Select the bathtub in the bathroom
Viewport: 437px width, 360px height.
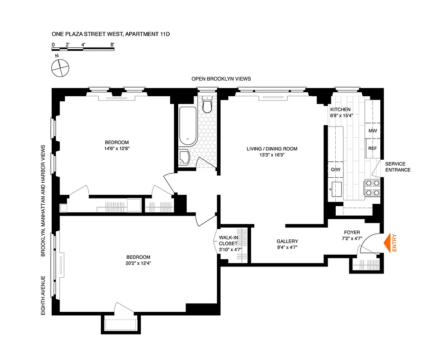187,126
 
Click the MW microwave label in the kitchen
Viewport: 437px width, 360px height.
372,130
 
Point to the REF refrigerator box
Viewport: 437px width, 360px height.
372,148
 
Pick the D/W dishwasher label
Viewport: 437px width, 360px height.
335,170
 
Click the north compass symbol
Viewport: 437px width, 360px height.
60,68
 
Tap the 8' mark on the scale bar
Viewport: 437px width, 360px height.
112,45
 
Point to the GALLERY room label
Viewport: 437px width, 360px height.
287,241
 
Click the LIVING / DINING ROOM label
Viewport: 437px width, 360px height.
272,149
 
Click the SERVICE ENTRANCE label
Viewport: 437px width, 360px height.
397,166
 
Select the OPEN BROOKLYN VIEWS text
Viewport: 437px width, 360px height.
221,79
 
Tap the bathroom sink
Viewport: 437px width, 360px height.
185,158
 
